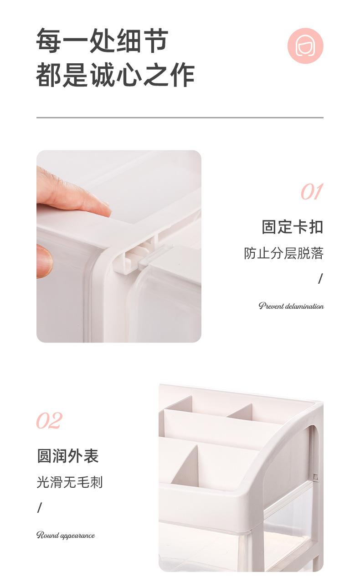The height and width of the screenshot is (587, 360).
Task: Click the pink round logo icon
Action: point(305,46)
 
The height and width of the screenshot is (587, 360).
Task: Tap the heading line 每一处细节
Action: point(102,41)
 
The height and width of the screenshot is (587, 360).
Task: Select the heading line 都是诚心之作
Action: point(115,75)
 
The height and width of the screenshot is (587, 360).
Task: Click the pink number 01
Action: point(312,192)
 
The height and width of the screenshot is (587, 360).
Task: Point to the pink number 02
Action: point(49,421)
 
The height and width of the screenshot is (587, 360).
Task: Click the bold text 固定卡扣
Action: point(292,226)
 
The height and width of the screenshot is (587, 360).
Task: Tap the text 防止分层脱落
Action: point(283,253)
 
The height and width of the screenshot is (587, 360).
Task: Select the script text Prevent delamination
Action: point(291,306)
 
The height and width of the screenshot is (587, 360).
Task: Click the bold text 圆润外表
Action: point(68,456)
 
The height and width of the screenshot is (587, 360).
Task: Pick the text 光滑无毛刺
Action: point(70,482)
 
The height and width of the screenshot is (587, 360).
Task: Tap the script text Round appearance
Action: point(66,535)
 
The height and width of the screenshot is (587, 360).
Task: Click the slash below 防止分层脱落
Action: point(320,279)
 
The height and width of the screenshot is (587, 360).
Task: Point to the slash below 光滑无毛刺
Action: point(40,508)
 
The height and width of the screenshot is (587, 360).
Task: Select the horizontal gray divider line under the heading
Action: point(180,117)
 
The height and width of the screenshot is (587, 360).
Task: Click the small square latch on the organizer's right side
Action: point(315,477)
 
